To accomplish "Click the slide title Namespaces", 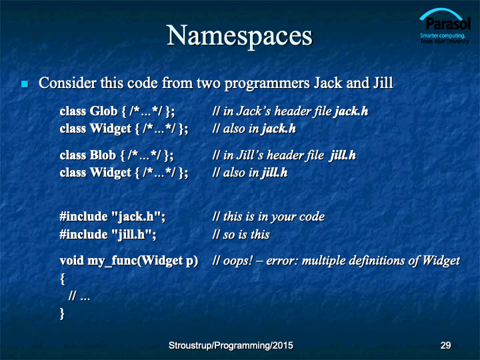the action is click(x=239, y=36).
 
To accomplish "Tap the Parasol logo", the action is click(x=445, y=26).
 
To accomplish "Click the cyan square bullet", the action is click(x=25, y=84).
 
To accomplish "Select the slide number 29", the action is click(x=445, y=345).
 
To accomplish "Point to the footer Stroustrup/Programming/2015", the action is click(x=231, y=345).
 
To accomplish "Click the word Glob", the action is click(x=103, y=111).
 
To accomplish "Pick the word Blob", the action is click(x=103, y=155).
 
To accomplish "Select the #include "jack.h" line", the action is click(x=113, y=217).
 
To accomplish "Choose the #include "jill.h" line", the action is click(x=108, y=235).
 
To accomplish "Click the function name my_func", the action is click(x=112, y=261).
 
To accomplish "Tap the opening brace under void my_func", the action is click(x=63, y=279).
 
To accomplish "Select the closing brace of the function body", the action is click(x=62, y=314).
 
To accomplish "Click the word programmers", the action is click(x=267, y=83).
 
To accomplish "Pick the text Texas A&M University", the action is click(x=445, y=41).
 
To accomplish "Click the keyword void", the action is click(x=72, y=261).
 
